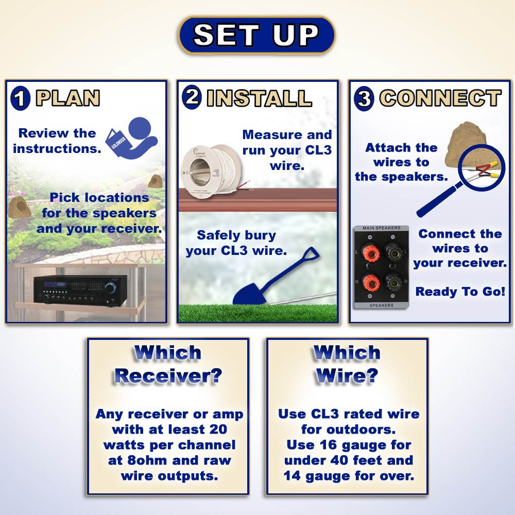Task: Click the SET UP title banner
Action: (x=256, y=35)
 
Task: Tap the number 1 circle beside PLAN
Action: (x=20, y=98)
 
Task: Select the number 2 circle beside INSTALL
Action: (x=192, y=97)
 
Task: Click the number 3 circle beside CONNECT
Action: (x=364, y=98)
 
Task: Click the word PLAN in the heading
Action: (x=68, y=98)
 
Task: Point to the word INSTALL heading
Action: (x=259, y=98)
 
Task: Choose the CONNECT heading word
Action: (x=440, y=98)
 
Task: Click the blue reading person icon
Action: (x=132, y=138)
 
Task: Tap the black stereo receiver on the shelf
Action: (x=80, y=289)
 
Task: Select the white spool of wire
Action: (x=211, y=173)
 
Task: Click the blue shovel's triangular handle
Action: (x=310, y=255)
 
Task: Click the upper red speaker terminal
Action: (x=371, y=253)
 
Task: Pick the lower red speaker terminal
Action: (x=371, y=282)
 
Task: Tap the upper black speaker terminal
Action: (x=393, y=252)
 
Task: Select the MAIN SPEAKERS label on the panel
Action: (x=381, y=228)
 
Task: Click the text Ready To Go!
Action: (x=460, y=291)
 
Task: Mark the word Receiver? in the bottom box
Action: (x=168, y=376)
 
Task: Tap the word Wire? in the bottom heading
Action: (x=347, y=376)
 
